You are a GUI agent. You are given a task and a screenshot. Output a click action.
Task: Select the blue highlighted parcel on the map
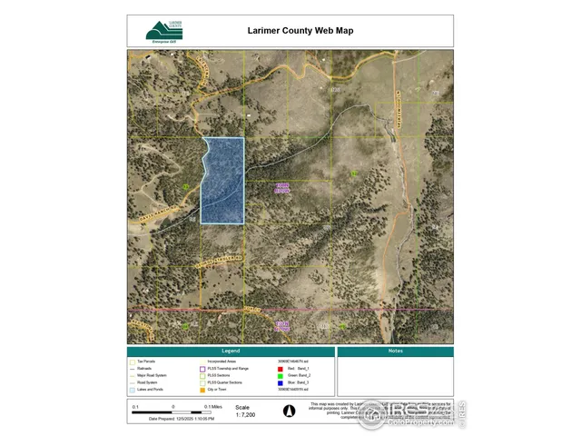222,180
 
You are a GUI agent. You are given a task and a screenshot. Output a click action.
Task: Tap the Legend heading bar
231,351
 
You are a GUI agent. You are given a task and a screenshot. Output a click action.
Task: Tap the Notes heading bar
395,351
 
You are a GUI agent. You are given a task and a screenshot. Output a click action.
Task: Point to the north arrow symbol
290,410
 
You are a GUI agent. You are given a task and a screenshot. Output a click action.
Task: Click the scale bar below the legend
173,412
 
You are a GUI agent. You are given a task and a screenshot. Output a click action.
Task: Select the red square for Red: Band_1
283,368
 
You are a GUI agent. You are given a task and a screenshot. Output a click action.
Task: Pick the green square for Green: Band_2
283,375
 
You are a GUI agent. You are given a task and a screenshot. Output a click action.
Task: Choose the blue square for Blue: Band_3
283,382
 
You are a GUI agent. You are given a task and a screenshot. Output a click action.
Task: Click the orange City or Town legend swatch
201,390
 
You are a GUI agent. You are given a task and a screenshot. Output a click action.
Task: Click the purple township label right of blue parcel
282,188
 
